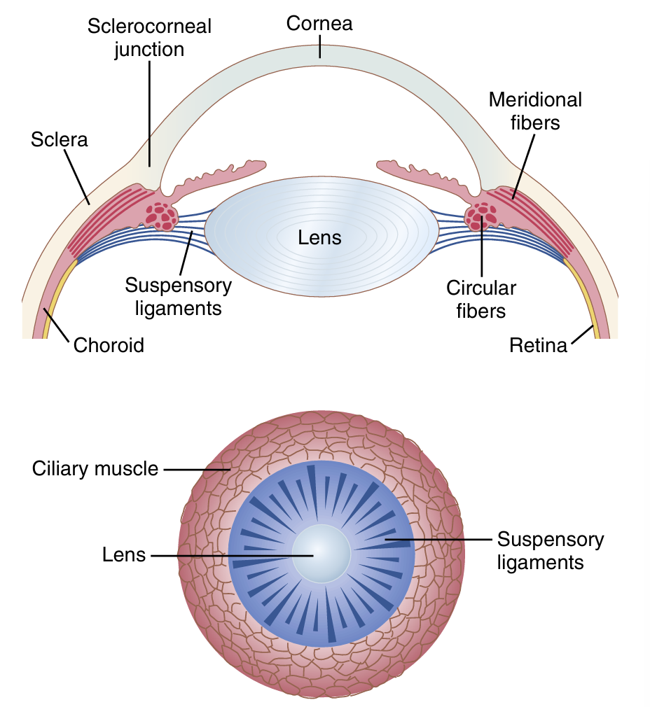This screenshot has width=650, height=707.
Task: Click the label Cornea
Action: (x=319, y=23)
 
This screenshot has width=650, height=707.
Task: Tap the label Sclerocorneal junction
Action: (x=149, y=38)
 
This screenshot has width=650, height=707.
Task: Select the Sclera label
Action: (x=60, y=139)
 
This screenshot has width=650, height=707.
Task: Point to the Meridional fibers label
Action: (x=535, y=111)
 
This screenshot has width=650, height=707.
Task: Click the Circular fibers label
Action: (x=481, y=298)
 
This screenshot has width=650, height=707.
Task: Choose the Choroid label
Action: (x=109, y=344)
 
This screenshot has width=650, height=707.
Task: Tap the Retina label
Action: (x=538, y=344)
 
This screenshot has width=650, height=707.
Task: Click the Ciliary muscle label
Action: (x=95, y=468)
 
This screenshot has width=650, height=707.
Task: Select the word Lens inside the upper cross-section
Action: (x=319, y=237)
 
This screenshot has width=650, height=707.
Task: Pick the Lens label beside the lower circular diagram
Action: (x=124, y=555)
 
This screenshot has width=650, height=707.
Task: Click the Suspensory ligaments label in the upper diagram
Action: (x=178, y=296)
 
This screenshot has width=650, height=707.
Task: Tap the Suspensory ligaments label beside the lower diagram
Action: (x=550, y=551)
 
